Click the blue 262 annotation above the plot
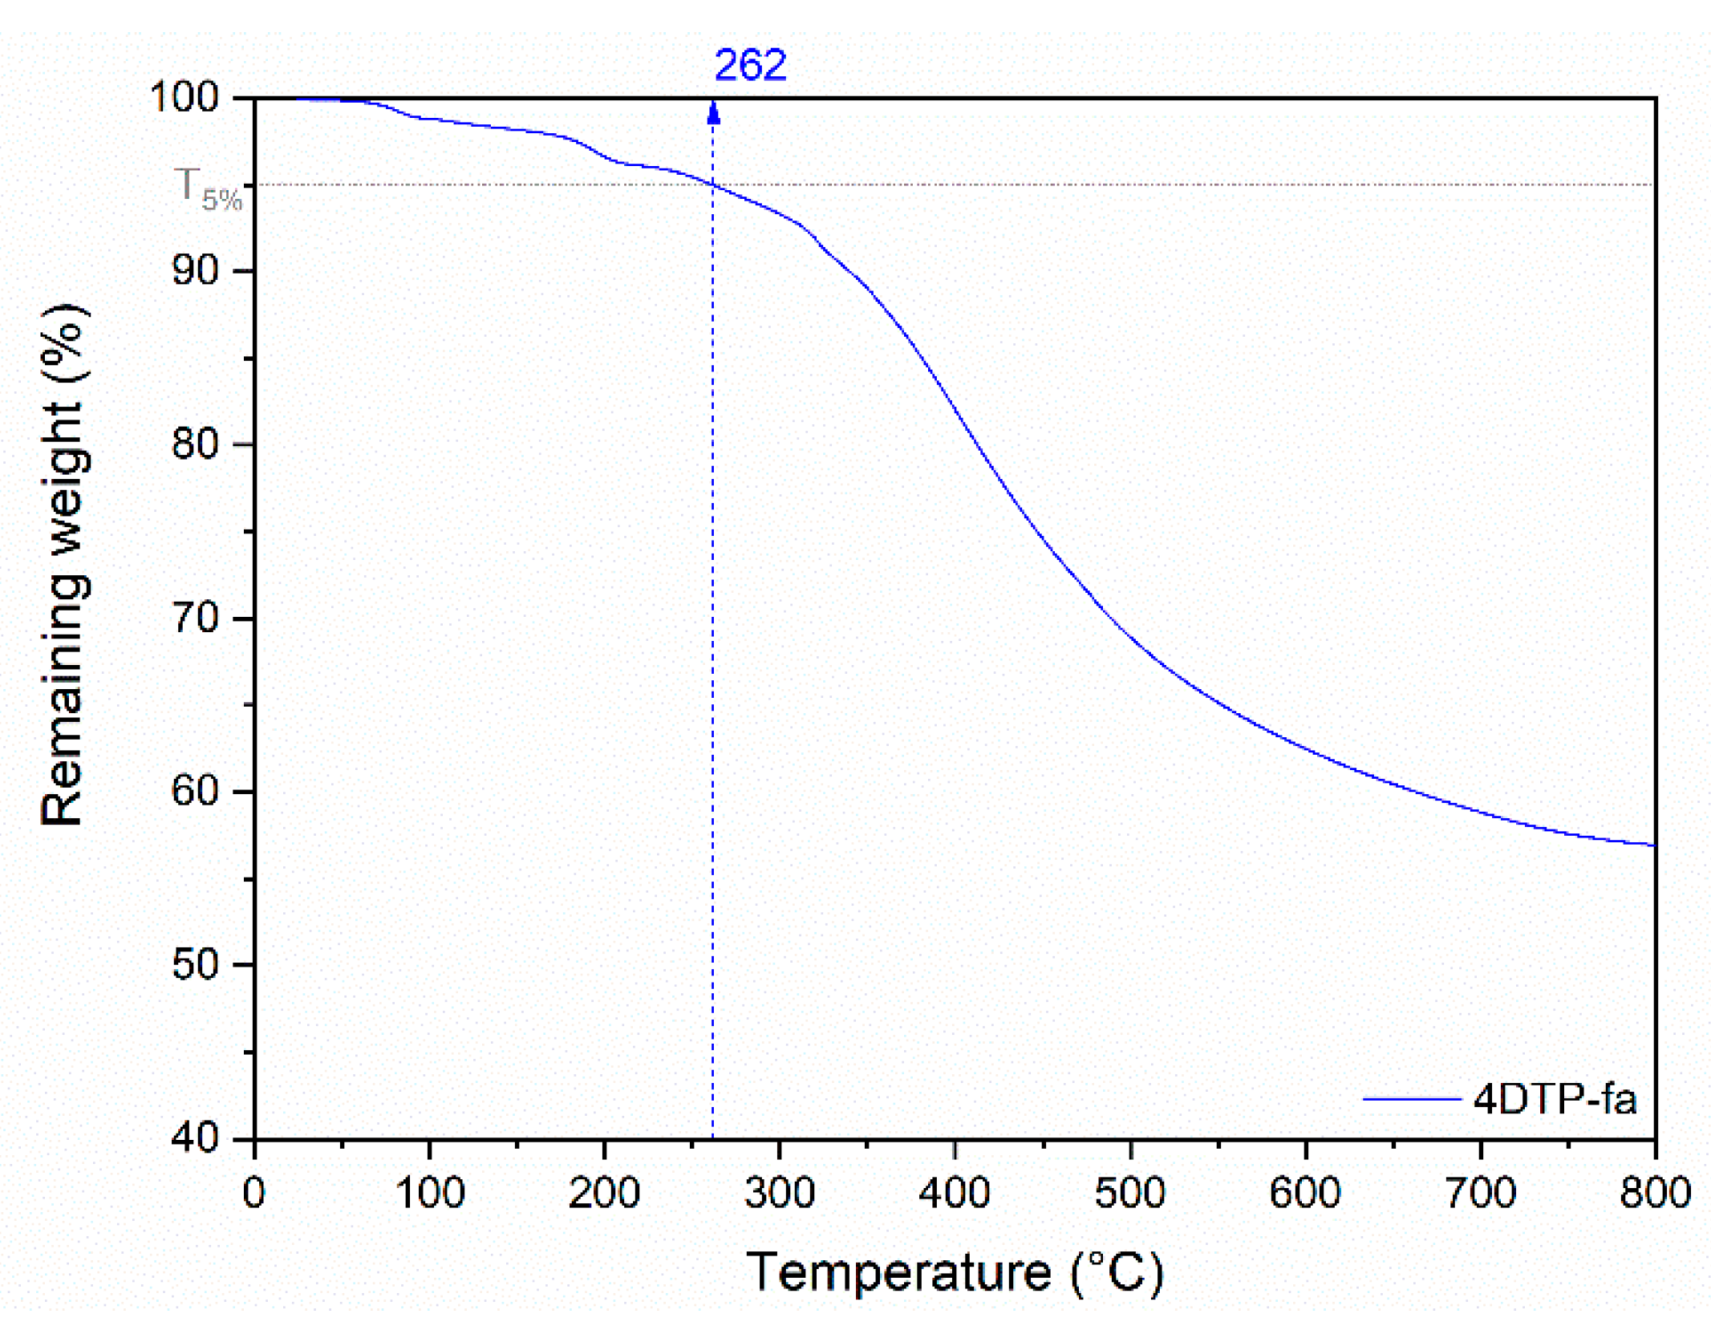(x=750, y=66)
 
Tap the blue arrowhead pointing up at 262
(x=713, y=113)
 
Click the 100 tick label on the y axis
(x=184, y=98)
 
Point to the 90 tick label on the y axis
(x=195, y=271)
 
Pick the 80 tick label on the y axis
(x=195, y=444)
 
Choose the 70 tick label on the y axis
(x=195, y=618)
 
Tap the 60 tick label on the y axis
(x=195, y=792)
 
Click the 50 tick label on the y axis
(x=195, y=965)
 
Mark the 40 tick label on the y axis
(x=195, y=1138)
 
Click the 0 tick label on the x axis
(x=254, y=1194)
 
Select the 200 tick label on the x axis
(x=604, y=1194)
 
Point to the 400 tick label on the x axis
(x=955, y=1194)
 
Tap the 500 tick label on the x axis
(x=1129, y=1194)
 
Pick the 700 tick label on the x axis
(x=1480, y=1194)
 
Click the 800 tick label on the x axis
(x=1655, y=1194)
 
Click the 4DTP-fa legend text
(x=1555, y=1100)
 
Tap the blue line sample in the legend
(x=1411, y=1100)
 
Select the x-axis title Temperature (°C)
(x=955, y=1273)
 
